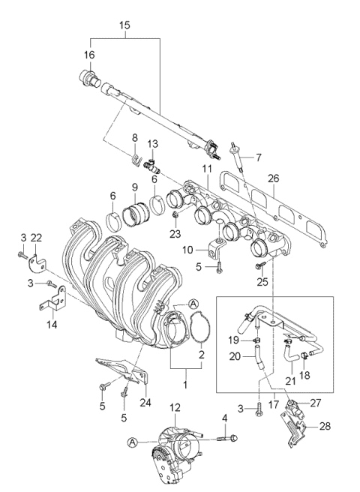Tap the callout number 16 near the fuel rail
(x=90, y=55)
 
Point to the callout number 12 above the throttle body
(x=175, y=408)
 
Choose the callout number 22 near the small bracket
(x=37, y=238)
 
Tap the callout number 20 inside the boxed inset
(x=235, y=357)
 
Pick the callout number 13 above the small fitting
(x=153, y=144)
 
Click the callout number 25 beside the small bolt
(x=263, y=281)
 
